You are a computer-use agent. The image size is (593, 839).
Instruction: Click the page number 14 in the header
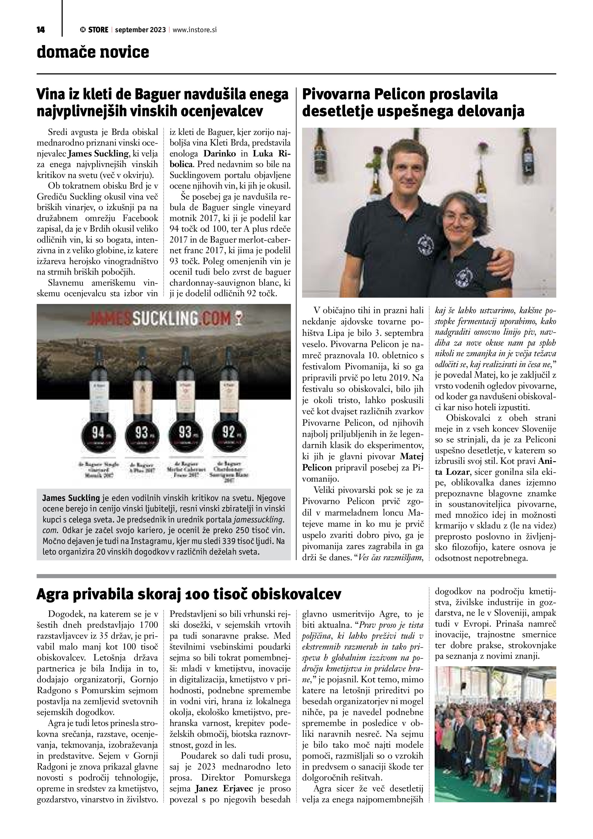coord(40,30)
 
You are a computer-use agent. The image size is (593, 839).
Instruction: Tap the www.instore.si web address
coord(195,30)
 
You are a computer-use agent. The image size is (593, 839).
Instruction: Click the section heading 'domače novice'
coord(93,52)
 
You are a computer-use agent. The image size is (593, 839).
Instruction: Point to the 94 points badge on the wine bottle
coord(99,433)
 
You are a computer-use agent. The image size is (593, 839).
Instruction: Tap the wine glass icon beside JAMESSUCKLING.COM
coord(240,318)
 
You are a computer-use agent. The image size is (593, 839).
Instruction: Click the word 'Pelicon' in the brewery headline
coord(393,95)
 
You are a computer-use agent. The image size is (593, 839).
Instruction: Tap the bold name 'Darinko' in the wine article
coord(219,154)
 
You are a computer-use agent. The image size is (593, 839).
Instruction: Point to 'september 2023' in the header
coord(141,30)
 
